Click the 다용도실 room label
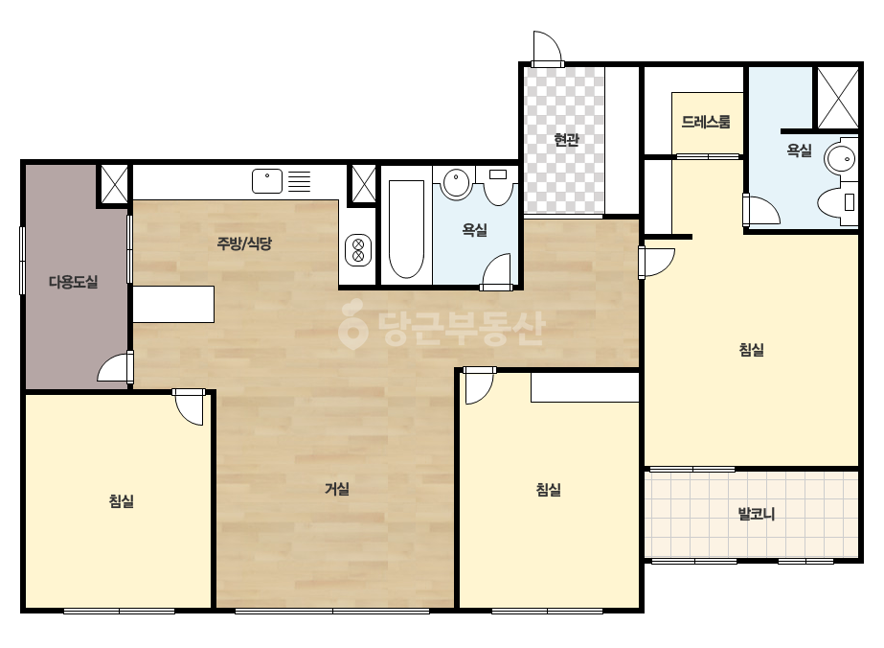point(74,281)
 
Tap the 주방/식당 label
point(244,243)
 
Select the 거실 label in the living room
point(337,489)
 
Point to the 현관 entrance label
point(566,139)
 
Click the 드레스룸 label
point(706,122)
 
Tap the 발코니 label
point(757,514)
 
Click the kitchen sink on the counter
point(266,181)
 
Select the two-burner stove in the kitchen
point(358,250)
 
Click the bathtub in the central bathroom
point(406,229)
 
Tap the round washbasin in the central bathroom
point(456,183)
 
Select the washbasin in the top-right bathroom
point(841,157)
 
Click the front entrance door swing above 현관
point(548,47)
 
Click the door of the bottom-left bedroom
point(189,406)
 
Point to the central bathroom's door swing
point(497,271)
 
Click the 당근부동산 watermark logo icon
point(352,324)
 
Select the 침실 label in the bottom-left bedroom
point(122,500)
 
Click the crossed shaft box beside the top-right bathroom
point(838,97)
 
